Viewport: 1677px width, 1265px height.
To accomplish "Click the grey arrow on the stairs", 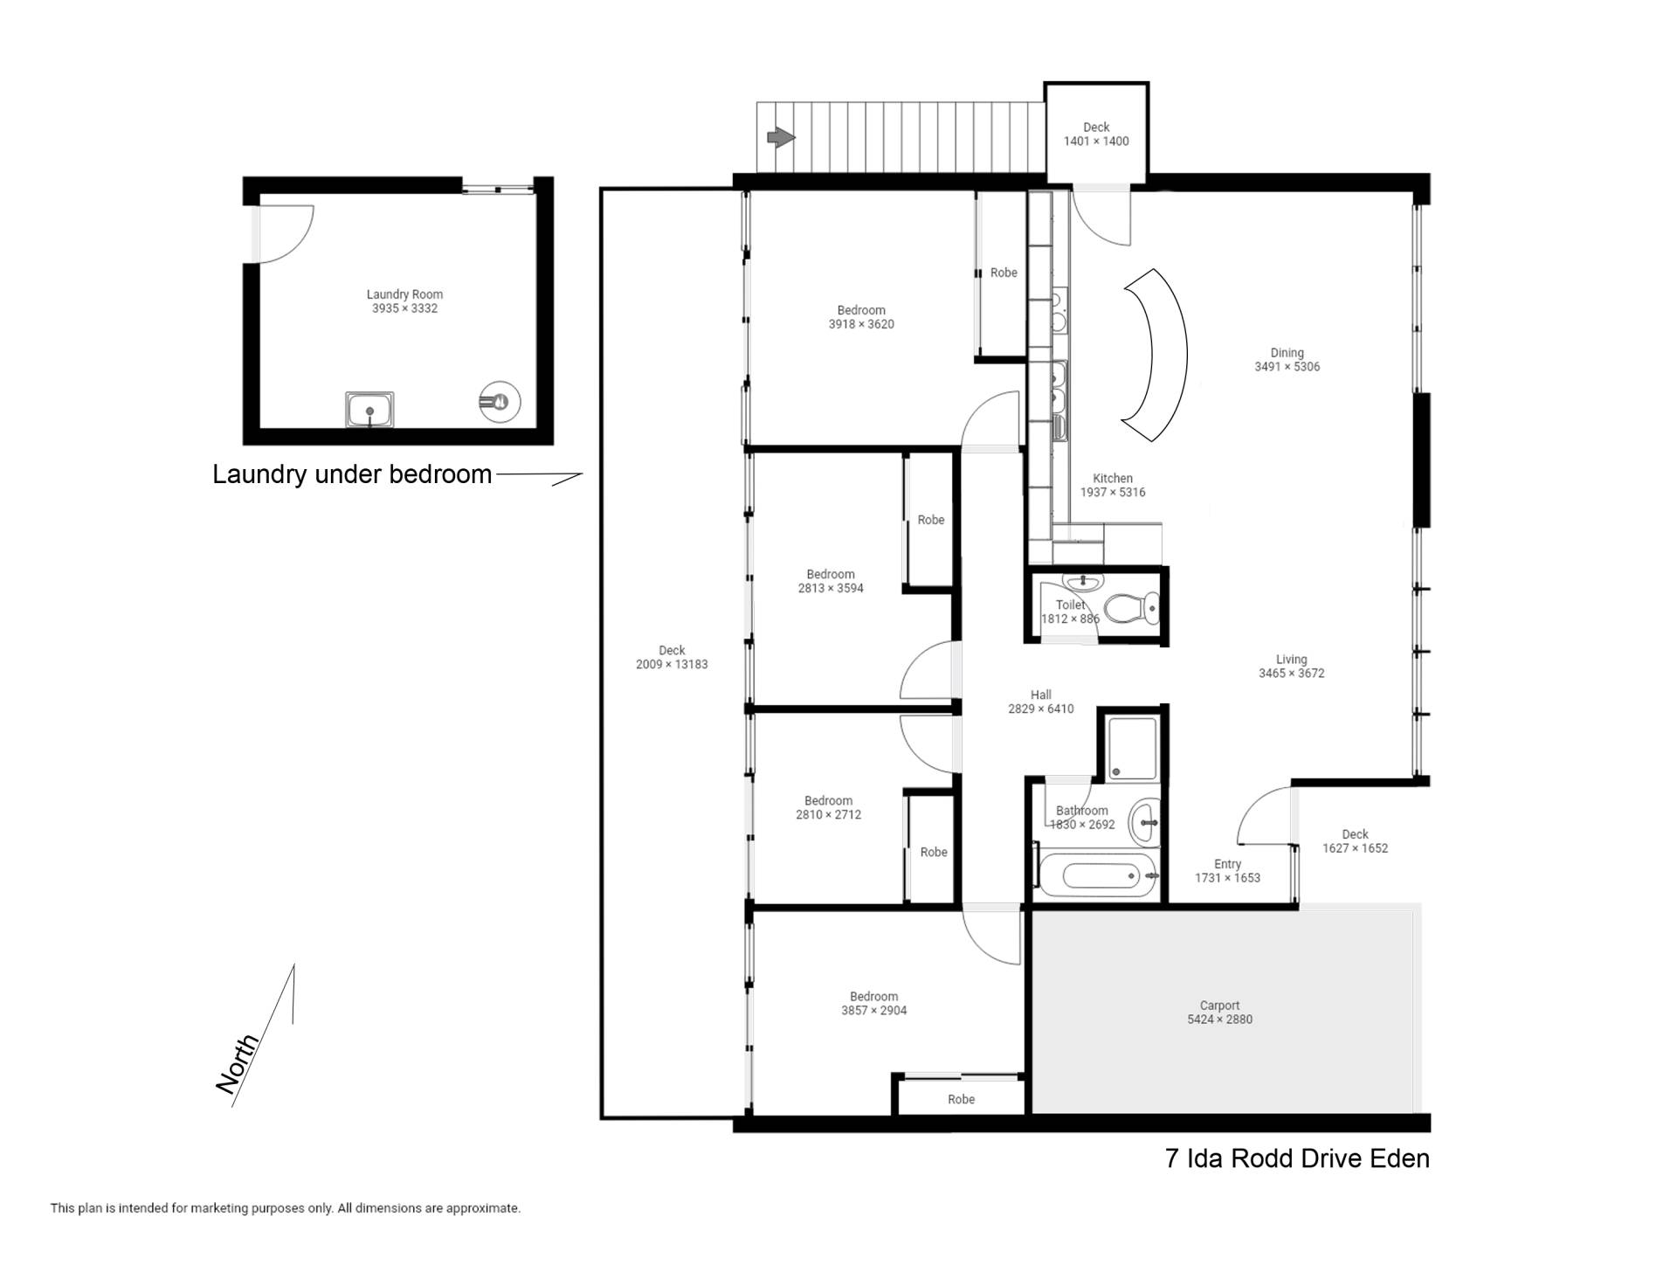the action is pos(781,137).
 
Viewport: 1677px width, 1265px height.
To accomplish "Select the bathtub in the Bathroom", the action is pos(1098,875).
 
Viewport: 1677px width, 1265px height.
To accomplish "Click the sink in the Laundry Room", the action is pos(369,410).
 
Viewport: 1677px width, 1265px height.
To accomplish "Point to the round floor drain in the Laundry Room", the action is pos(500,402).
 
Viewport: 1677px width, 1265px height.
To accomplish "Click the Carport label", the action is pos(1219,1006).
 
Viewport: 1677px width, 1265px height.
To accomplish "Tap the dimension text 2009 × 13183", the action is pos(672,664).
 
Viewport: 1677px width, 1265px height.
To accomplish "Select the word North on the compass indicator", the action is pos(238,1063).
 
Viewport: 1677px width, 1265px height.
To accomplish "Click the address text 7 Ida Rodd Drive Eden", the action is pos(1297,1158).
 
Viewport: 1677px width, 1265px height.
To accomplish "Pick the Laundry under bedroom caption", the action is pos(352,474).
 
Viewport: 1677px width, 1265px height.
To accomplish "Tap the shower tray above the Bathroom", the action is pos(1132,748).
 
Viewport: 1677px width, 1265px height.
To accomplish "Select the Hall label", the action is pos(1040,695).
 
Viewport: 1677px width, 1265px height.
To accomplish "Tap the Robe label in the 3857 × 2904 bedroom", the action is pos(961,1099).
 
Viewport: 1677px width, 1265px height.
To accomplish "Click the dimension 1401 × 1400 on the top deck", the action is pos(1096,141).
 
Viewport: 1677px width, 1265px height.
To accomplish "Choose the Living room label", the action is pos(1291,660).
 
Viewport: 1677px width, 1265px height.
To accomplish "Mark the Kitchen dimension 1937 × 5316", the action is pos(1113,492).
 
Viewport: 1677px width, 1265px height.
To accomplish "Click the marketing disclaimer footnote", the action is pos(286,1208).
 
